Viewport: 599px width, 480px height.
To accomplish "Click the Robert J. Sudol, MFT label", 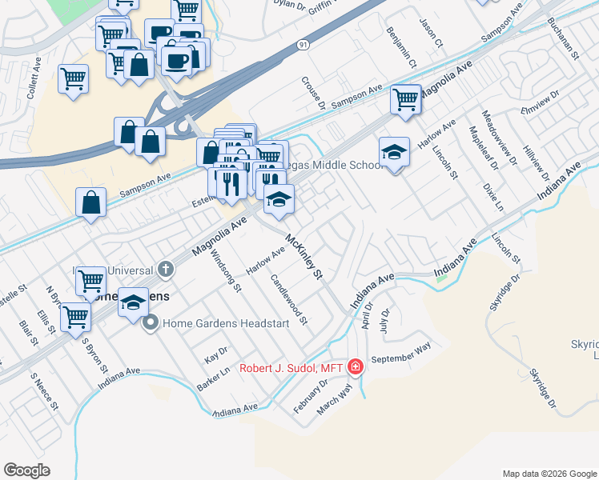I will point(291,368).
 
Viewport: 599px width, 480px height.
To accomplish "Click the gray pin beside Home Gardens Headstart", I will point(150,323).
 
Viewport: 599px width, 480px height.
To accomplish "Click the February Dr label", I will point(312,395).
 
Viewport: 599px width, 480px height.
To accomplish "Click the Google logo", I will point(26,470).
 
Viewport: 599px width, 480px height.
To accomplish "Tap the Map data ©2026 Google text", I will point(549,474).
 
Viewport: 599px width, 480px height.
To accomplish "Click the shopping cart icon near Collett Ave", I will point(73,79).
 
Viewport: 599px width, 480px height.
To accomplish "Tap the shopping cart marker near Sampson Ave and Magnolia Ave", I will point(406,99).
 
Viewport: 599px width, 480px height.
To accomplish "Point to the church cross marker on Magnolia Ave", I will point(166,268).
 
